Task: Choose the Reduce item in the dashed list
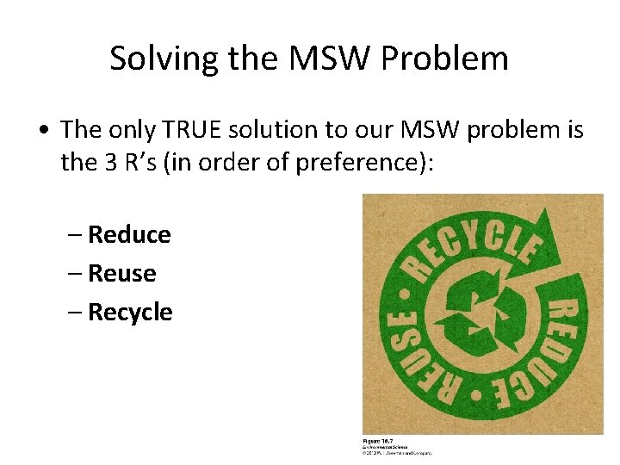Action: click(129, 234)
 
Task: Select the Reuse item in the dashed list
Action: click(121, 273)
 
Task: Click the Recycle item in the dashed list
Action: click(130, 312)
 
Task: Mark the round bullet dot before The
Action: click(42, 131)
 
